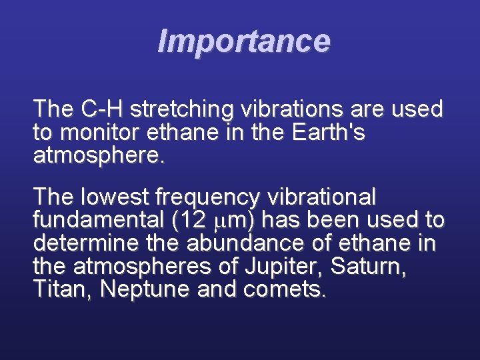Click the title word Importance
[x=243, y=41]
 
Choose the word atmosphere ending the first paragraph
[x=97, y=158]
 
